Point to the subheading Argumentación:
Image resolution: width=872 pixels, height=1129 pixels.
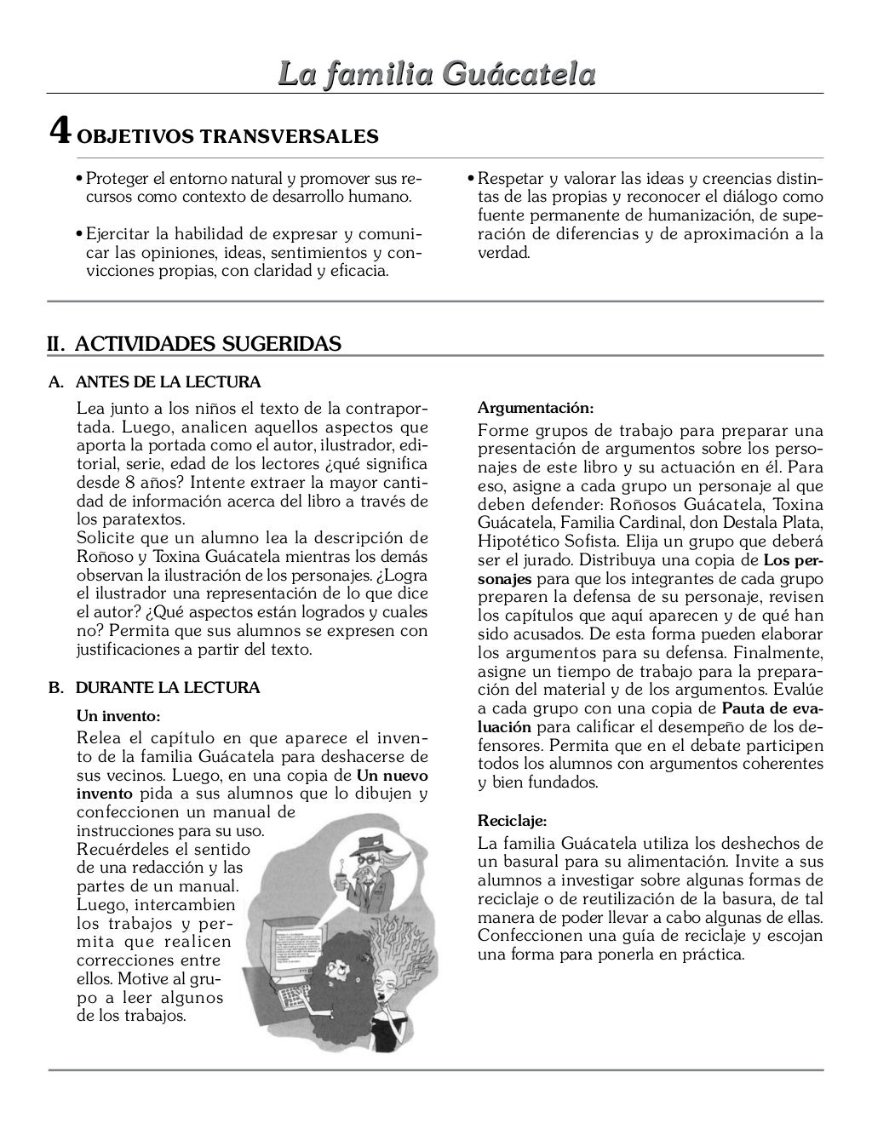pyautogui.click(x=536, y=407)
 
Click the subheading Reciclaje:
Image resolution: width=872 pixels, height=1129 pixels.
pyautogui.click(x=512, y=822)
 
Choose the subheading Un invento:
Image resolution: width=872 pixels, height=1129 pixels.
pyautogui.click(x=118, y=715)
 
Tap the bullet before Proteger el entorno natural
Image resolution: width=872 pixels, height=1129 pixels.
pyautogui.click(x=79, y=180)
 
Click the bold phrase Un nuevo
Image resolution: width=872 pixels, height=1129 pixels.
pyautogui.click(x=392, y=776)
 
